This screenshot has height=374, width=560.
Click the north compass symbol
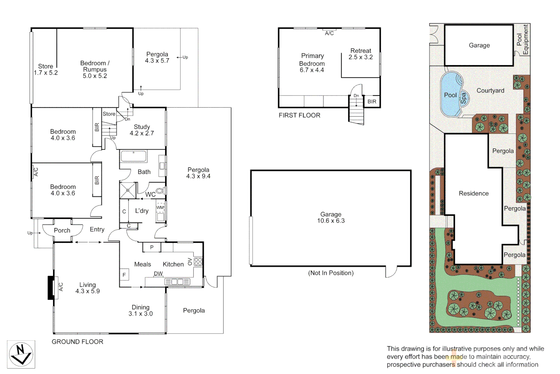[x=21, y=354]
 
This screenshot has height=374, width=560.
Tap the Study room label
[x=142, y=127]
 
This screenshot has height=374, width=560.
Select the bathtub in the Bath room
[x=133, y=156]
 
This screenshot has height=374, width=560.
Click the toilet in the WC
[x=160, y=191]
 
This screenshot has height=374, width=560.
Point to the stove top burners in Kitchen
[x=198, y=261]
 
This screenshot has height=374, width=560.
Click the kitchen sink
[x=177, y=282]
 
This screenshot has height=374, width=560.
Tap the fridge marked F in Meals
[x=124, y=275]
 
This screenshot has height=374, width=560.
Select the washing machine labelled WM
[x=160, y=208]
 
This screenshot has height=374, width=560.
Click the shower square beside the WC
[x=128, y=190]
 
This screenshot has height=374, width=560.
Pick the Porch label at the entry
[x=62, y=231]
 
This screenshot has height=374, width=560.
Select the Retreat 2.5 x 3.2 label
[x=361, y=54]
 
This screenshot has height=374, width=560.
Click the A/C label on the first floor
[x=329, y=33]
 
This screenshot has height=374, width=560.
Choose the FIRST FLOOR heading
[x=299, y=115]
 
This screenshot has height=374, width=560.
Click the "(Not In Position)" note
[x=331, y=273]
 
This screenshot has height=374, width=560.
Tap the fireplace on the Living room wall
[x=51, y=287]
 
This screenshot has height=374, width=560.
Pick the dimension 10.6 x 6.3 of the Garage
[x=331, y=221]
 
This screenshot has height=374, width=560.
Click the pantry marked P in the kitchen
[x=152, y=247]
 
